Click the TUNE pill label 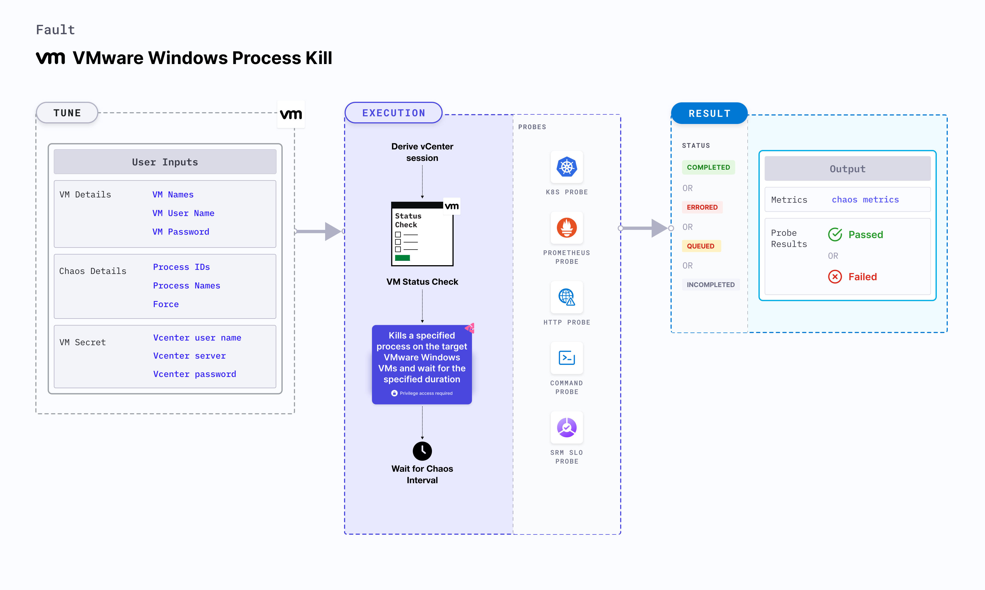click(x=67, y=113)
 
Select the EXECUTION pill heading click(x=393, y=113)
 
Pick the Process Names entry click(x=186, y=285)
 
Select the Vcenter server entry click(x=189, y=356)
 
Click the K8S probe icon click(x=566, y=167)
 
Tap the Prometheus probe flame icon click(x=566, y=228)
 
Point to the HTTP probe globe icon click(x=566, y=297)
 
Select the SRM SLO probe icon click(x=566, y=427)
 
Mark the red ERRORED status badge click(x=702, y=207)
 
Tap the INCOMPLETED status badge click(x=711, y=285)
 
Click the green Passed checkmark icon click(x=835, y=235)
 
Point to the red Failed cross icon click(x=835, y=277)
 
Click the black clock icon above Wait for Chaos click(x=422, y=451)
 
